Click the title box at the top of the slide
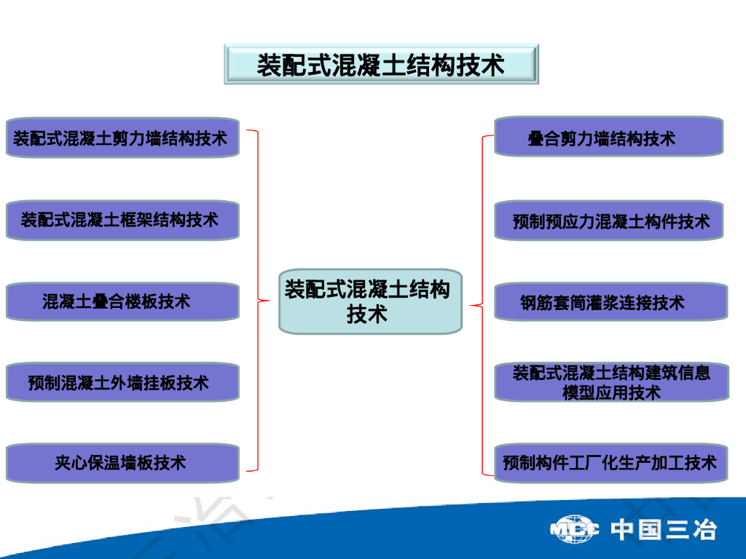point(380,64)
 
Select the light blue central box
point(370,301)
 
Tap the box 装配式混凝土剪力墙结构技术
point(122,138)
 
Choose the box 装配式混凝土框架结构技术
point(122,220)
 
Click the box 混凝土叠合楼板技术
point(122,301)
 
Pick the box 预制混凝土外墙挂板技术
point(122,381)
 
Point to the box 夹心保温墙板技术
point(122,462)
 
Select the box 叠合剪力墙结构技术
point(608,137)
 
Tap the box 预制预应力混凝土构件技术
point(608,221)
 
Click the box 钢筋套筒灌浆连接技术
point(610,302)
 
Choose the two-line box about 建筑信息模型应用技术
point(610,382)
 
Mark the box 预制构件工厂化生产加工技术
point(610,462)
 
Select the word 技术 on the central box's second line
point(367,315)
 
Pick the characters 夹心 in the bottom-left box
point(71,462)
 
